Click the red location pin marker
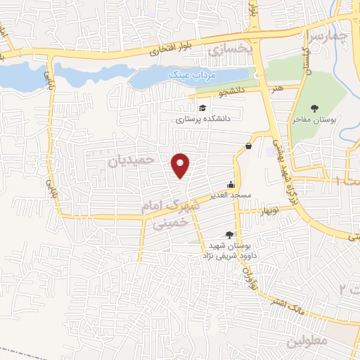coord(181,165)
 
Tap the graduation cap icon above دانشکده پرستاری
coord(202,108)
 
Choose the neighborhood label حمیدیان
coord(131,160)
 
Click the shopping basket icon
coord(250,145)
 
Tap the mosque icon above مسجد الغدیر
coord(231,184)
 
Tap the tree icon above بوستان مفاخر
coord(313,108)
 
